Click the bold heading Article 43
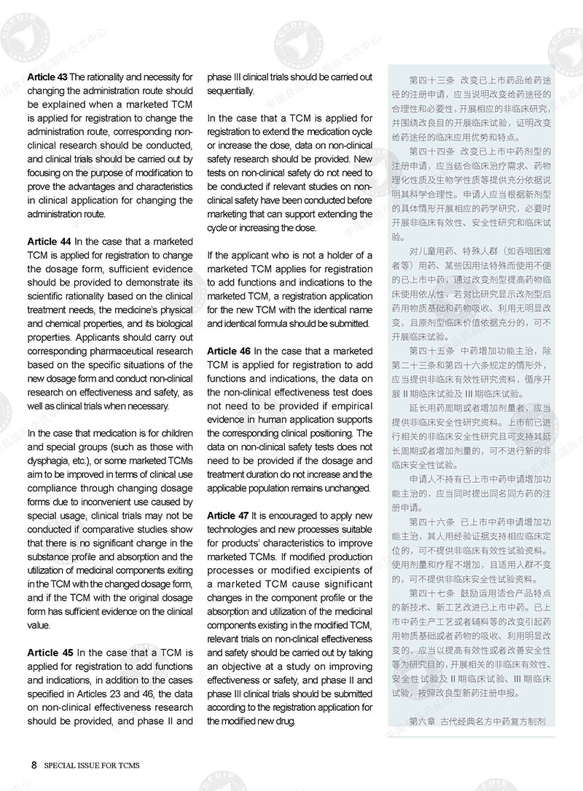[x=47, y=76]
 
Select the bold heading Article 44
[x=47, y=241]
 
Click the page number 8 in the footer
[x=34, y=765]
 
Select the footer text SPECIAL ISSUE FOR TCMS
[x=92, y=766]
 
